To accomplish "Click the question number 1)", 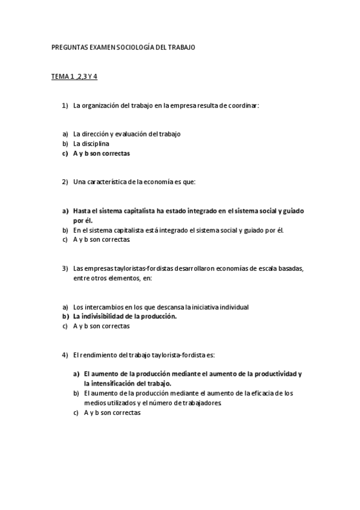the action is [x=66, y=106].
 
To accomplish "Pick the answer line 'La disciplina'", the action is [x=91, y=144].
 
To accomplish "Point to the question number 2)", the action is [x=66, y=182].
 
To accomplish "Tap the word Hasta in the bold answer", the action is [x=84, y=211].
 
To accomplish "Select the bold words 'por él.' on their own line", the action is [x=83, y=221].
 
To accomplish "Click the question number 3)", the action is [x=66, y=268].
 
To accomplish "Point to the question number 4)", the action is [x=66, y=355].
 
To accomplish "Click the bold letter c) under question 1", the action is [x=65, y=153].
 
